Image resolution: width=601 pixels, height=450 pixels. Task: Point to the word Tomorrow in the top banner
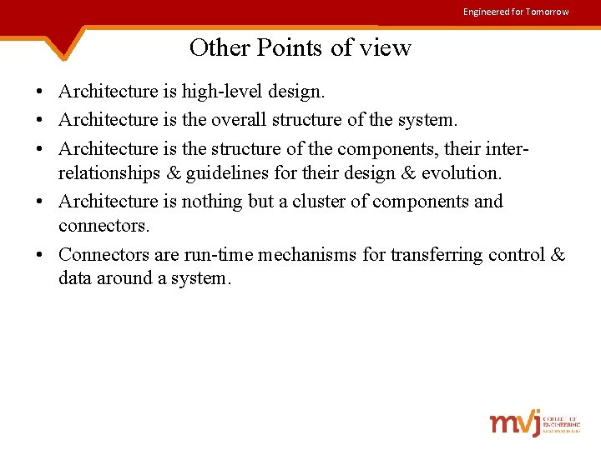click(547, 12)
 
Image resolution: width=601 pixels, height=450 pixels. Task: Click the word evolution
click(462, 173)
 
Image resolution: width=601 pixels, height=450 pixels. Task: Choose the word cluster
click(322, 201)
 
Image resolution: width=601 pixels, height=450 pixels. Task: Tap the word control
click(515, 254)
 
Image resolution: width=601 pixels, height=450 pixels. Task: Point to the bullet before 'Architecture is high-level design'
click(39, 92)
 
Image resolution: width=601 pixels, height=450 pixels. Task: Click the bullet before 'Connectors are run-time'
click(39, 255)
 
